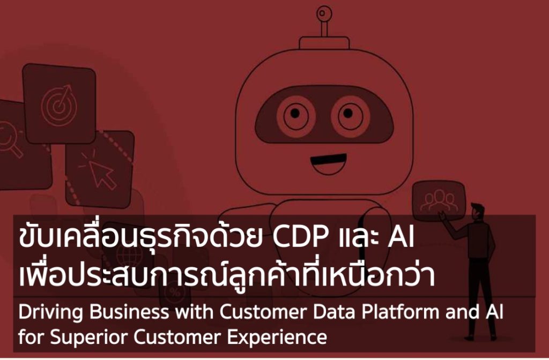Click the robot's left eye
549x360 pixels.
click(296, 113)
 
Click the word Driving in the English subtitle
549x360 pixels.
click(45, 313)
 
